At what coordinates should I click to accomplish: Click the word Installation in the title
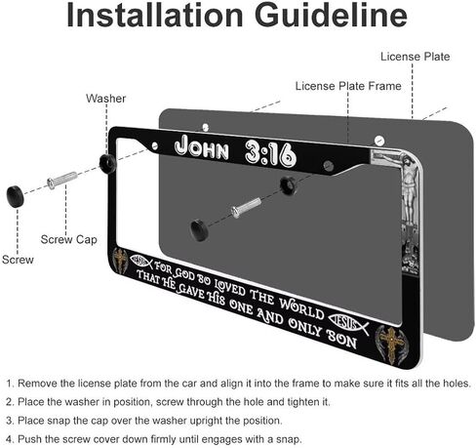point(155,15)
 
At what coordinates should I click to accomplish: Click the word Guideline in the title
point(331,15)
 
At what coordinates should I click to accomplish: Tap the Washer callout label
point(105,99)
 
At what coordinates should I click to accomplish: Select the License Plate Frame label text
point(348,86)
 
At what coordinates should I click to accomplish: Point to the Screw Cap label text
point(69,240)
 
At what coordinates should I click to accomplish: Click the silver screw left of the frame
point(62,180)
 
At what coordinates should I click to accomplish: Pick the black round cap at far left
point(16,196)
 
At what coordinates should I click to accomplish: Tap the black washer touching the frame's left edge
point(108,163)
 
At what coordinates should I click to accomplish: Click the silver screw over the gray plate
point(246,207)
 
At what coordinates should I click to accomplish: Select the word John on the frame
point(202,148)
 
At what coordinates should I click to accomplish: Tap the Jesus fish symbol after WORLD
point(349,323)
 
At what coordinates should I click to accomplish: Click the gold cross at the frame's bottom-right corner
point(391,345)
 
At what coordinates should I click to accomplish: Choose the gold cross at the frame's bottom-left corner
point(120,261)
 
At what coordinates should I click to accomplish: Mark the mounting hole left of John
point(154,146)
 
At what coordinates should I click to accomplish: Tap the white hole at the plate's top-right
point(379,141)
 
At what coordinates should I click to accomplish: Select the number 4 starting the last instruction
point(9,439)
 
